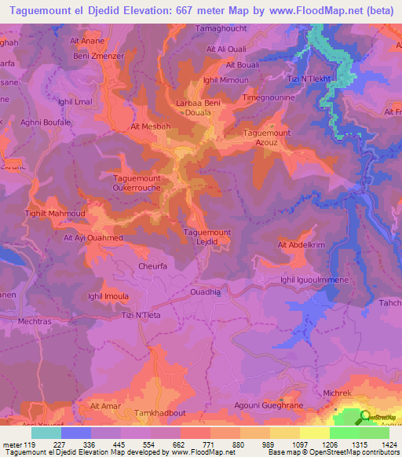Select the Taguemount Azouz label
pos(268,138)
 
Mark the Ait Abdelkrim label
pos(301,245)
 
